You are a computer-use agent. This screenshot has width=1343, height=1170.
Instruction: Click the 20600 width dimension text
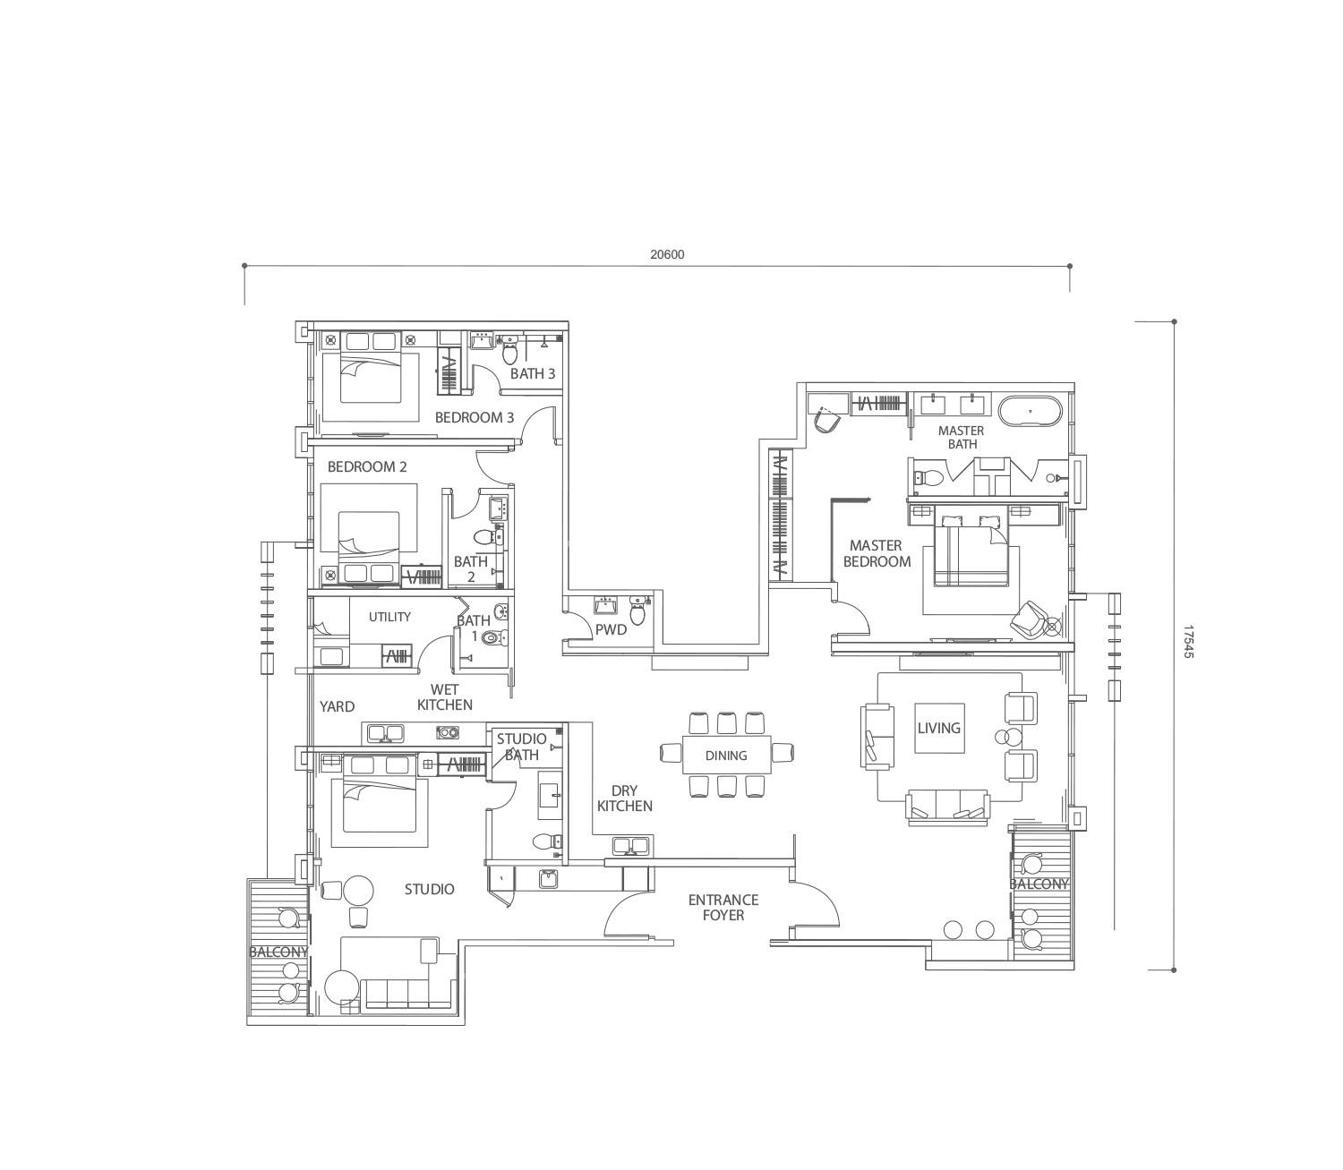pos(667,254)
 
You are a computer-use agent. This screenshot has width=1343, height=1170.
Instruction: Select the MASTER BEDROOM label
pos(877,553)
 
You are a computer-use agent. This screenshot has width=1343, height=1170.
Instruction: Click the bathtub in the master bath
pos(1030,412)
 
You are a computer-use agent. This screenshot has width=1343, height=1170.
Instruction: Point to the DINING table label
pos(726,756)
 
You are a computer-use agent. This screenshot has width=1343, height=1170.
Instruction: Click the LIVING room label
pos(938,728)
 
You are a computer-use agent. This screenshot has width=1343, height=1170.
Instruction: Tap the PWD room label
pos(612,629)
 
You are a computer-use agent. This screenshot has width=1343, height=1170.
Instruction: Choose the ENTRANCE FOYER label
pos(723,907)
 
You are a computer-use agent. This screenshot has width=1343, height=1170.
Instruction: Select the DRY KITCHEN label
pos(625,798)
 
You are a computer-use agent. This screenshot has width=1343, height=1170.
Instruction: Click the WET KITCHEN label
pos(445,696)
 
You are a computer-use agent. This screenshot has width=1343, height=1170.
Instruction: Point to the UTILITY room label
pos(389,617)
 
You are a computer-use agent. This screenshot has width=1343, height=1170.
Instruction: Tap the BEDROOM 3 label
pos(475,417)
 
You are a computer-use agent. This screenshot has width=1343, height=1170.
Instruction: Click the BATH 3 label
pos(533,373)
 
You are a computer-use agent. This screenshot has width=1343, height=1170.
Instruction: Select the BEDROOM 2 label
pos(367,466)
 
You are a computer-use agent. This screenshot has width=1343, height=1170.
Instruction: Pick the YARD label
pos(337,706)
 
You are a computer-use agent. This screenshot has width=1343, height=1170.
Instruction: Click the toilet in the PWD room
pos(637,611)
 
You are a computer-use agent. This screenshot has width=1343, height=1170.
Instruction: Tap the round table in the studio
pos(358,891)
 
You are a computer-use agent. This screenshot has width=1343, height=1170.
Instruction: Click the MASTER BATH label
pos(961,437)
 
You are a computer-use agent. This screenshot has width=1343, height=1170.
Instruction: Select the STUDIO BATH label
pos(521,747)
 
